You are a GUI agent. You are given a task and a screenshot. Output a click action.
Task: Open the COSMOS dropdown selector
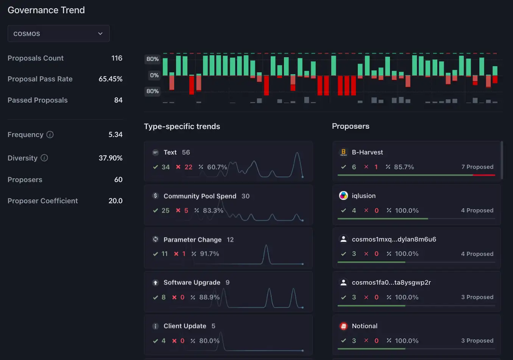tap(58, 34)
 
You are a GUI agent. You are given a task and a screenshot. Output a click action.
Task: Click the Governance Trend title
tap(46, 10)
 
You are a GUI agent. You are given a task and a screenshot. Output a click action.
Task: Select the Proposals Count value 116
tap(117, 58)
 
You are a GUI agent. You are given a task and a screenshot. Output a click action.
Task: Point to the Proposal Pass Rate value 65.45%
tap(110, 79)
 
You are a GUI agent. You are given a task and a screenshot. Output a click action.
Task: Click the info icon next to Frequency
tap(50, 135)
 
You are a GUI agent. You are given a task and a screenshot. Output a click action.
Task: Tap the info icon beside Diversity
tap(44, 158)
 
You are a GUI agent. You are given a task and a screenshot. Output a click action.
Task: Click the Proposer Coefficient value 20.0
tap(115, 201)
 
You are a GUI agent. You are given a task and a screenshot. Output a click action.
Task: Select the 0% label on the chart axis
tap(154, 75)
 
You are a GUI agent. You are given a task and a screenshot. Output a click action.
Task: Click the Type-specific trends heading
tap(182, 126)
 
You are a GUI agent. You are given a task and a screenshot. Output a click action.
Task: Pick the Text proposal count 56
tap(186, 153)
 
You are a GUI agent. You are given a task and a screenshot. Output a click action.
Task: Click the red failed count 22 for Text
tap(188, 167)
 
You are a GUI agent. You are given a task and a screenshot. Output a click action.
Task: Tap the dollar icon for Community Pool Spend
tap(155, 196)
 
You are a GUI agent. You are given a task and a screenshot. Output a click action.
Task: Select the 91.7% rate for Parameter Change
tap(209, 254)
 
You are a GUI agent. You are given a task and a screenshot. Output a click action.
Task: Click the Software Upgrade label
tap(192, 282)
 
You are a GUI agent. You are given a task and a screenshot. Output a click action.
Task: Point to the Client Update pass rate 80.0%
tap(209, 341)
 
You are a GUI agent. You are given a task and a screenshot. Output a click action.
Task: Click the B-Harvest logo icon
tap(343, 152)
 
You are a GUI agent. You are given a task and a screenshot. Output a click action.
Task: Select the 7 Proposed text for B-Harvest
tap(477, 167)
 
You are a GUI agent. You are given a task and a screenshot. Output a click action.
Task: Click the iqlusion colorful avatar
tap(343, 196)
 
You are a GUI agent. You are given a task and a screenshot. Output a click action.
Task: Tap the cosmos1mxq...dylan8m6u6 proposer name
tap(394, 239)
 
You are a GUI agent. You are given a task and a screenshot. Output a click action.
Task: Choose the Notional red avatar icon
tap(343, 326)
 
